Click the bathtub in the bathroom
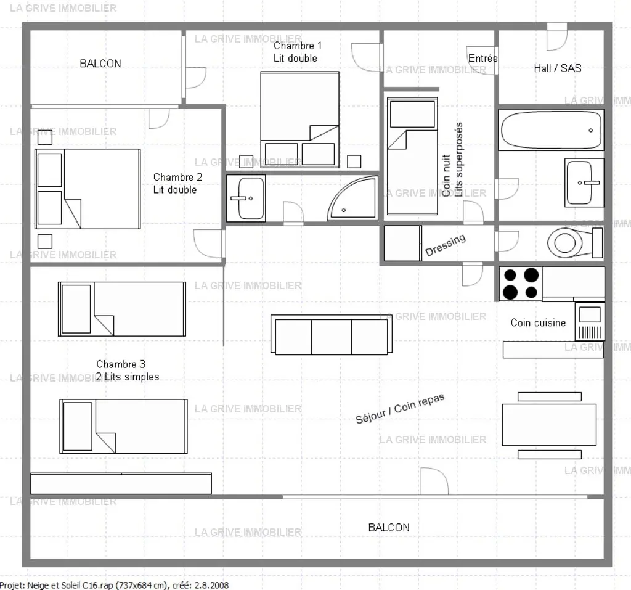551,129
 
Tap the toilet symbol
575,242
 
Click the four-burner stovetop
521,284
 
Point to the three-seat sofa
332,335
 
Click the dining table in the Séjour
549,425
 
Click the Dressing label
446,245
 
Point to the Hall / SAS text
557,68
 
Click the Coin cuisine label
538,322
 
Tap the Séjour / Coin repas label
400,408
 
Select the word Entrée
483,58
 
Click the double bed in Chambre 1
300,119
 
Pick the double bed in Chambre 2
88,189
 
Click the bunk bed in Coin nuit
412,156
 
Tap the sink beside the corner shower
245,198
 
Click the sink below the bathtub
584,182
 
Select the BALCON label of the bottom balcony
389,528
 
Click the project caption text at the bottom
114,585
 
